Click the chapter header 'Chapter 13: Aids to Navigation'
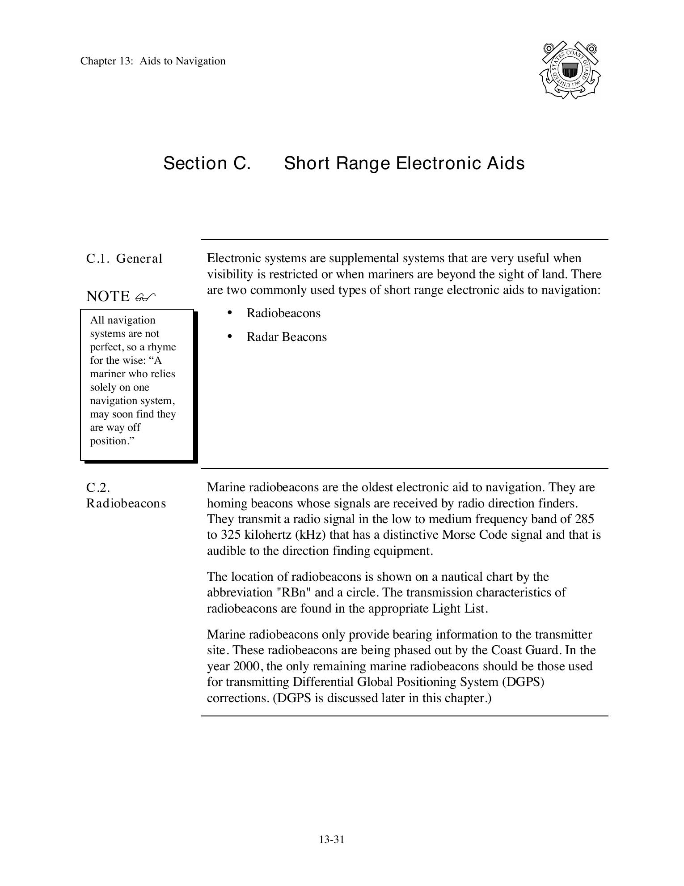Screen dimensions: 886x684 pos(153,61)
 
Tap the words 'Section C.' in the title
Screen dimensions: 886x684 pos(207,163)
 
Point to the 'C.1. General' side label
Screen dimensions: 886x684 pos(124,259)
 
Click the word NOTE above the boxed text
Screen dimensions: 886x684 pos(108,296)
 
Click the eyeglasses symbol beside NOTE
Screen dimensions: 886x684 pos(145,297)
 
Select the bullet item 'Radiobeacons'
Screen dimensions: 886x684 pos(283,313)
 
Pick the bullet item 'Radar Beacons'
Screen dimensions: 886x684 pos(287,337)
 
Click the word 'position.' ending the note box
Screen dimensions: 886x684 pos(112,441)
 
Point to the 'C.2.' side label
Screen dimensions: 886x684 pos(98,487)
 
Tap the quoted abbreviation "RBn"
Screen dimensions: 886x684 pos(292,592)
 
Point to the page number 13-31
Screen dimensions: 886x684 pos(332,839)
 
